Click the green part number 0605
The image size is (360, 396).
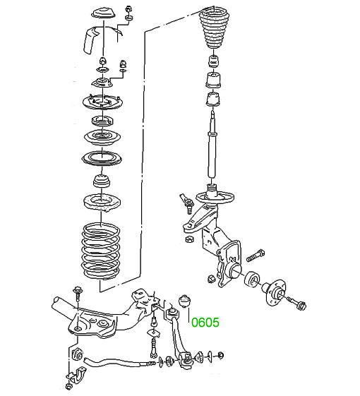click(x=205, y=323)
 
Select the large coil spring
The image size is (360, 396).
click(x=101, y=251)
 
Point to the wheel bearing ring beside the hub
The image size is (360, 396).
click(x=253, y=279)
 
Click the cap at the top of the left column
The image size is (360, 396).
click(x=104, y=13)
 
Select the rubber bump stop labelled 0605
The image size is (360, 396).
click(x=185, y=301)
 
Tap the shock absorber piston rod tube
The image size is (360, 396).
click(x=212, y=146)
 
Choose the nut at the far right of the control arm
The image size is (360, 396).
click(x=220, y=355)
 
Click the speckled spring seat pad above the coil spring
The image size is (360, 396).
click(x=102, y=203)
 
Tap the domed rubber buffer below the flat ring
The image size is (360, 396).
click(x=102, y=181)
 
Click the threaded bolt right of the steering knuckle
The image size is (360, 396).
click(x=255, y=256)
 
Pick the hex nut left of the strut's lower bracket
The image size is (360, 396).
click(x=189, y=239)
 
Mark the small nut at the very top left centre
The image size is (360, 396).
click(x=129, y=8)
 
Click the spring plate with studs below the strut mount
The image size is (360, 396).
click(x=102, y=102)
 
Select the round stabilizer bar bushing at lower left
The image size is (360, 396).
click(x=77, y=354)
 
